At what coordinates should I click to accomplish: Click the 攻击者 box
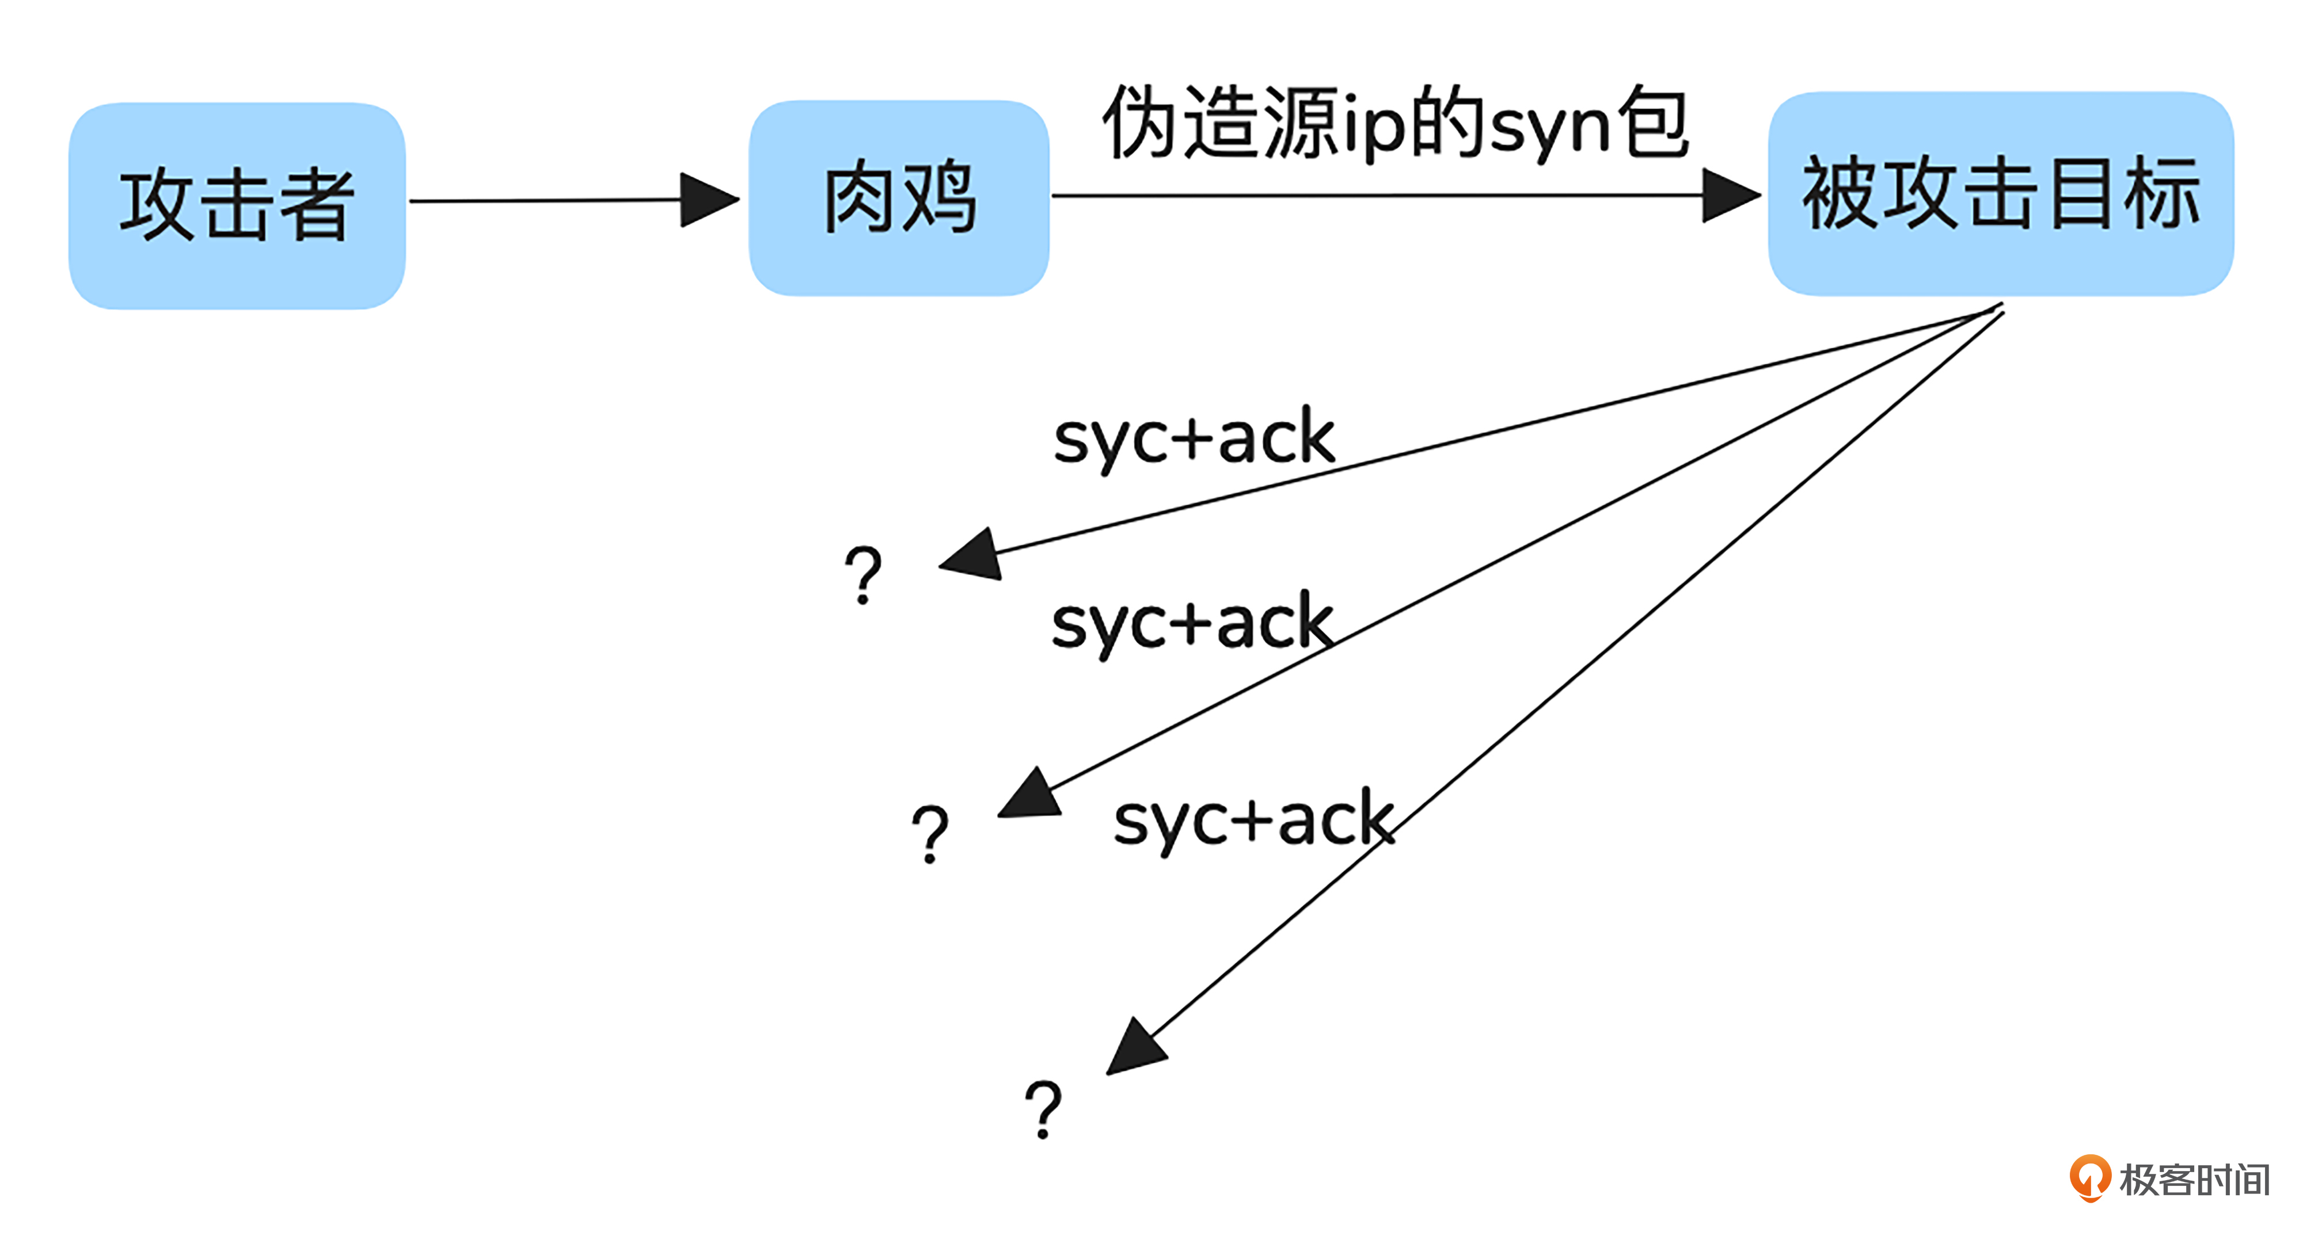237,205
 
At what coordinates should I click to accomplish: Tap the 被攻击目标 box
2000,194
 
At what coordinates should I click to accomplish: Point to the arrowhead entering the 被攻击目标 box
1730,195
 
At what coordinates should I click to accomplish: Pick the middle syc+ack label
1192,623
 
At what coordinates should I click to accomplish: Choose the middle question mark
930,833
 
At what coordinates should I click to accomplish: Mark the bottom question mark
1043,1108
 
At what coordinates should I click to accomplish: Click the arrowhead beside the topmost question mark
972,556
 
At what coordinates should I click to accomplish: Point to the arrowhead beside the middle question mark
1031,795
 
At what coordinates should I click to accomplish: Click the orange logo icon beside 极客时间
2089,1178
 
